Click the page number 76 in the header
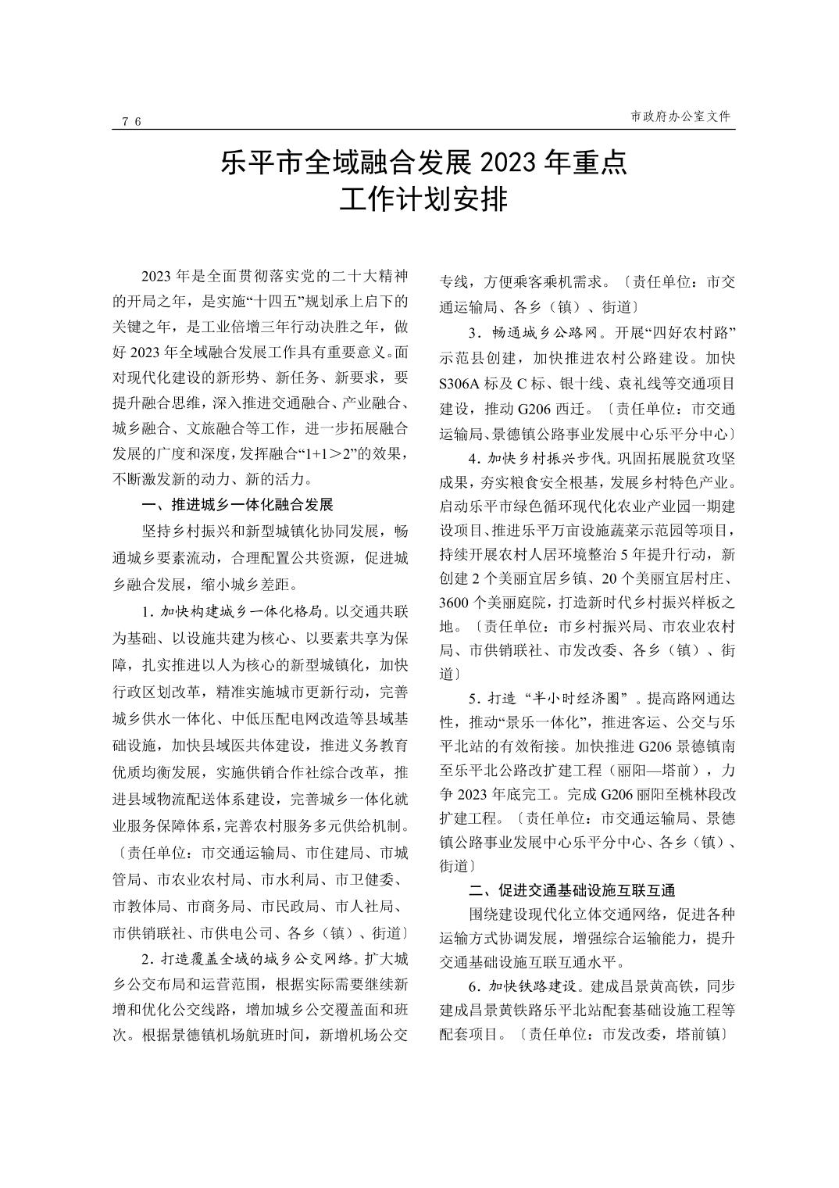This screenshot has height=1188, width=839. click(x=131, y=121)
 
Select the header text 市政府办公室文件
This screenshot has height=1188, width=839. click(x=680, y=116)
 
